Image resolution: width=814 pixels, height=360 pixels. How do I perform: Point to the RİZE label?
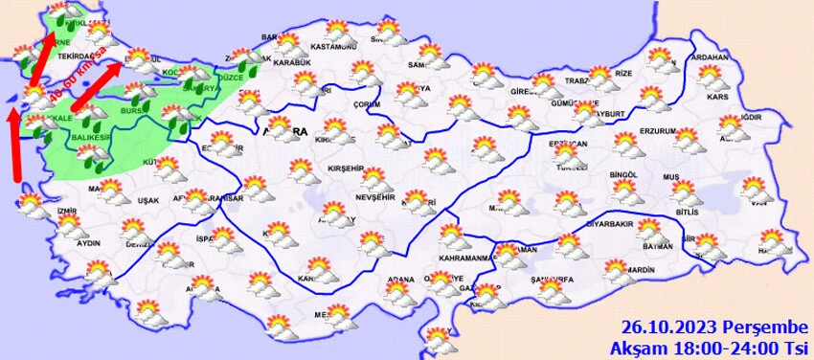pyautogui.click(x=623, y=73)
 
